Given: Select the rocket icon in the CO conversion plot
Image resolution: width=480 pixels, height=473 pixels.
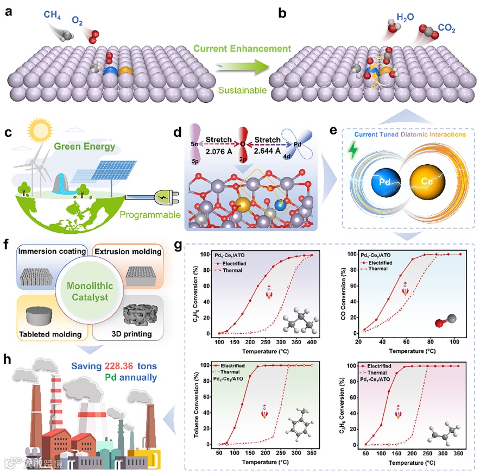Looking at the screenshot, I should [x=405, y=290].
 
